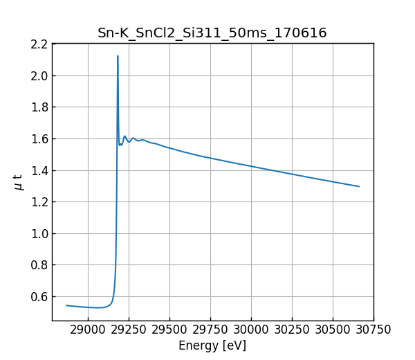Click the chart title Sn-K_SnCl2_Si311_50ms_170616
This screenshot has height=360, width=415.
pyautogui.click(x=212, y=33)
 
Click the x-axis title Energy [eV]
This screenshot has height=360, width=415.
pyautogui.click(x=212, y=345)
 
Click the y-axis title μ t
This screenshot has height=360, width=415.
pyautogui.click(x=19, y=182)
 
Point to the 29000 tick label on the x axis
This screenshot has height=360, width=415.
pyautogui.click(x=88, y=330)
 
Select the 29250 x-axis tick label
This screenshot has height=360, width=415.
pyautogui.click(x=129, y=330)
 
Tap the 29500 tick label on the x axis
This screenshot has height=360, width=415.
pyautogui.click(x=169, y=330)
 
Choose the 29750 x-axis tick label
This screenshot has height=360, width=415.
pyautogui.click(x=210, y=330)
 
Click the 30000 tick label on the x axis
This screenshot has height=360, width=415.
pyautogui.click(x=251, y=330)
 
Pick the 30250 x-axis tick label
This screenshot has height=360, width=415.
pyautogui.click(x=292, y=330)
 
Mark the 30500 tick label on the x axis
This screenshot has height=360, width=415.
pyautogui.click(x=333, y=330)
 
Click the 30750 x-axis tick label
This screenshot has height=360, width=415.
pyautogui.click(x=373, y=330)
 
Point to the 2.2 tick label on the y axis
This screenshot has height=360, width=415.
pyautogui.click(x=39, y=44)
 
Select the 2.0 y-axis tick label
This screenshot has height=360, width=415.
pyautogui.click(x=39, y=75)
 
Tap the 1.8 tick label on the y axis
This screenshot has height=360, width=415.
pyautogui.click(x=39, y=107)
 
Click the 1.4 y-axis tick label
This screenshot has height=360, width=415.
pyautogui.click(x=39, y=170)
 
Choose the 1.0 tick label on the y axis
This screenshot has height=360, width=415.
pyautogui.click(x=39, y=233)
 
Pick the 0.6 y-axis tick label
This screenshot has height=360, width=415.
pyautogui.click(x=39, y=296)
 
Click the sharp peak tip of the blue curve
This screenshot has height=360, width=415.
pyautogui.click(x=118, y=56)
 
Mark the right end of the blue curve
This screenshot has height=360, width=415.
pyautogui.click(x=359, y=186)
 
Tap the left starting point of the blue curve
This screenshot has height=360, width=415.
pyautogui.click(x=66, y=305)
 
